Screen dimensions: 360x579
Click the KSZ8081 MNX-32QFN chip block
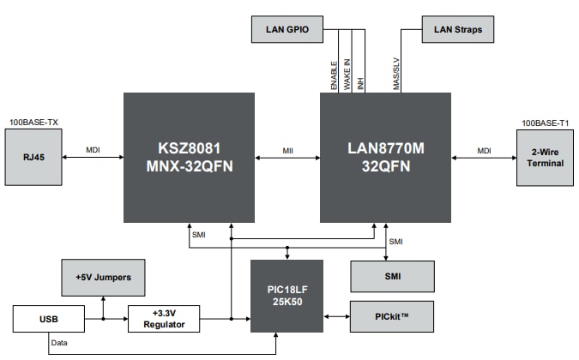click(x=189, y=157)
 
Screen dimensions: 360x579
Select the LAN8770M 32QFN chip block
click(x=385, y=157)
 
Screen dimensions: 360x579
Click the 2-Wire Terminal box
click(x=545, y=157)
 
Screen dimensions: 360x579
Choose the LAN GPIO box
click(x=286, y=30)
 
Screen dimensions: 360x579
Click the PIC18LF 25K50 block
click(x=286, y=296)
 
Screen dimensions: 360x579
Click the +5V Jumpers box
click(x=104, y=278)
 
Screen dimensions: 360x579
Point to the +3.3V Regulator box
click(x=163, y=318)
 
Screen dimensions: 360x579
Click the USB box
click(x=49, y=318)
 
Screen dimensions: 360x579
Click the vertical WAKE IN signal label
click(x=347, y=75)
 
